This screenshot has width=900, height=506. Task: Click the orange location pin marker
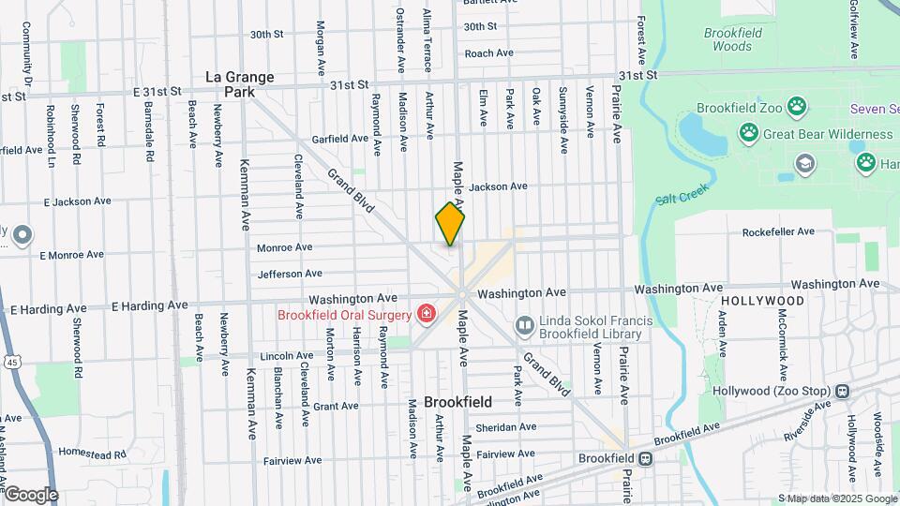[450, 223]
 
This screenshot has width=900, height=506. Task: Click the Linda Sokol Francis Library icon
[524, 325]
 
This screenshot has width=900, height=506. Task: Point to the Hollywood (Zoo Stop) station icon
[843, 391]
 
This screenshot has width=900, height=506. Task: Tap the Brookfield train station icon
[645, 459]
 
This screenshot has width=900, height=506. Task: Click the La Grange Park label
[240, 84]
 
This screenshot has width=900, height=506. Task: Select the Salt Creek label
[677, 199]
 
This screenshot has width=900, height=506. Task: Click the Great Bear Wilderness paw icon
[748, 134]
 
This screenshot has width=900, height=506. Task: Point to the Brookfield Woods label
[732, 39]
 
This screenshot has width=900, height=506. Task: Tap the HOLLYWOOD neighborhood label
[763, 301]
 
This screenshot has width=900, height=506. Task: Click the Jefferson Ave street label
[290, 274]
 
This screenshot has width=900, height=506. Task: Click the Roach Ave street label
[489, 53]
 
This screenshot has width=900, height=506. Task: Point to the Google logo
[31, 494]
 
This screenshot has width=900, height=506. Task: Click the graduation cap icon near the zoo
[805, 164]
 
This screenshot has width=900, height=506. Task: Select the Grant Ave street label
[336, 407]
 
